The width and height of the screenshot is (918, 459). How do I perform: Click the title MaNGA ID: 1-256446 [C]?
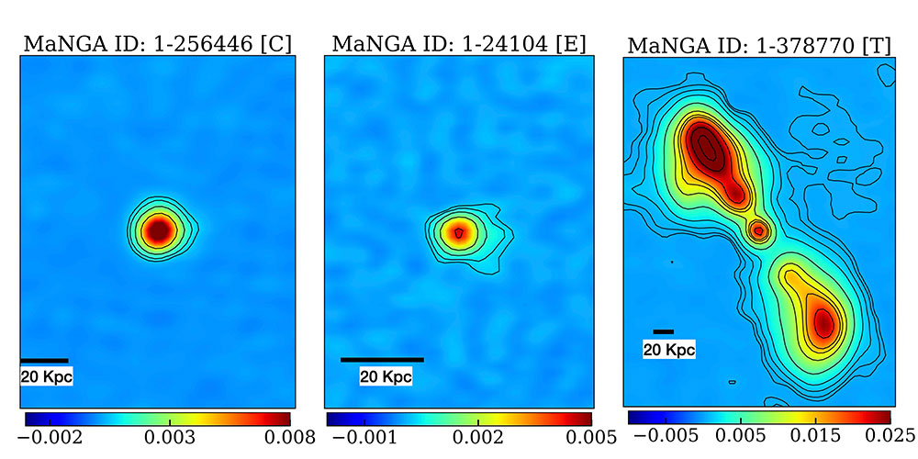click(x=158, y=43)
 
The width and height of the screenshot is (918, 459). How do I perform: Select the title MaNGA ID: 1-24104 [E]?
click(x=459, y=43)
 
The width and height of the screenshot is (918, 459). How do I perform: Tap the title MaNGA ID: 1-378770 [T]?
click(x=758, y=45)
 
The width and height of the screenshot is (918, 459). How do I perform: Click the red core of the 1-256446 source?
click(x=159, y=229)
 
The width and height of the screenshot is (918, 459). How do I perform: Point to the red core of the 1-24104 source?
click(x=458, y=232)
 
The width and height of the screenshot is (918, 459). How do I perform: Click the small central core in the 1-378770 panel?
click(x=758, y=231)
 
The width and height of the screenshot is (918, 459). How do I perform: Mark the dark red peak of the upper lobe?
click(x=708, y=147)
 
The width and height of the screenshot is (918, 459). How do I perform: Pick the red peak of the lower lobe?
click(x=823, y=321)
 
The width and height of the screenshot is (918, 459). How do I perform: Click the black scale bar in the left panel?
click(x=43, y=360)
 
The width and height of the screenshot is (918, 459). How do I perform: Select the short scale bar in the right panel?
click(x=664, y=330)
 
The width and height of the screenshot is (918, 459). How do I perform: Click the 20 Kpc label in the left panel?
click(x=46, y=376)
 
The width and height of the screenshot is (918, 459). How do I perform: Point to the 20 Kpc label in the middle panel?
click(x=386, y=376)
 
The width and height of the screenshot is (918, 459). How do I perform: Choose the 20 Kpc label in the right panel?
click(x=668, y=349)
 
